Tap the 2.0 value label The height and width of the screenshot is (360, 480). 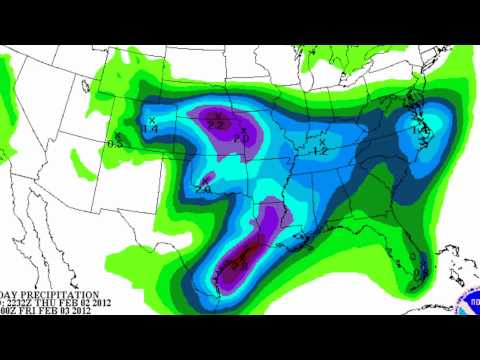click(x=241, y=139)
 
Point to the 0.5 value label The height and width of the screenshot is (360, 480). click(x=115, y=144)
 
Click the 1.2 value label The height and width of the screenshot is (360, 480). click(x=320, y=151)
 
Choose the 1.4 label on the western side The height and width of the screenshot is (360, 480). click(x=151, y=129)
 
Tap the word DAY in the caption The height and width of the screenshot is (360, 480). click(x=11, y=295)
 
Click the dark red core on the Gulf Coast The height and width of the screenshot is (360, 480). click(x=241, y=265)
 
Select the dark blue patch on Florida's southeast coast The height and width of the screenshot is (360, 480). click(x=421, y=268)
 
